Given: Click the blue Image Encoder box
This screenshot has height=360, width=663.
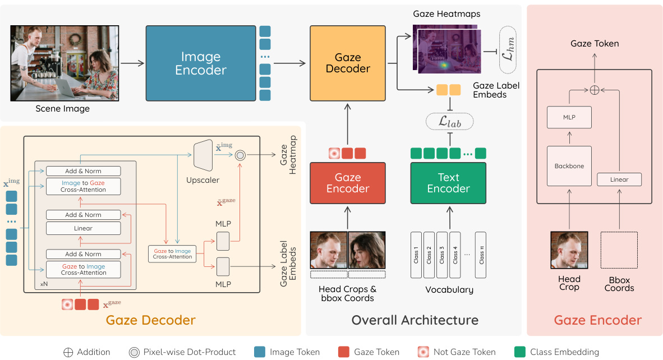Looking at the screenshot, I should (200, 63).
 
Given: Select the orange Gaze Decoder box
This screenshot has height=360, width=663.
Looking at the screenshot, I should (348, 63).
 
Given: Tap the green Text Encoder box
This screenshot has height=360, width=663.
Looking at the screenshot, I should (448, 183).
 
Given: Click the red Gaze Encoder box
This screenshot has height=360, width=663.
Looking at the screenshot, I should (348, 183).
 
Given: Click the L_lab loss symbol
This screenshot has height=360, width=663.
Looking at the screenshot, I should (449, 121).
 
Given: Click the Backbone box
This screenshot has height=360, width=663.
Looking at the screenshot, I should (569, 167).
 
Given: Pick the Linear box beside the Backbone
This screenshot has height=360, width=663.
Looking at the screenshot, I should (619, 179).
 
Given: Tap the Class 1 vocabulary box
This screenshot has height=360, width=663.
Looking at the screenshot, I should (416, 254).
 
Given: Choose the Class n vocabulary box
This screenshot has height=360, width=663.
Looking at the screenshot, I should (481, 254).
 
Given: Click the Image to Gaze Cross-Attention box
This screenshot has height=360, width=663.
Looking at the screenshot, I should (83, 186).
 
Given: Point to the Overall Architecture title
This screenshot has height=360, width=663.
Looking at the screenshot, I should (415, 320).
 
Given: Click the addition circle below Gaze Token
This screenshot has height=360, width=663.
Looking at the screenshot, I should (594, 90).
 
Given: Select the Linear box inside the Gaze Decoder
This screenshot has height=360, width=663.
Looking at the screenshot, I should (83, 228).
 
